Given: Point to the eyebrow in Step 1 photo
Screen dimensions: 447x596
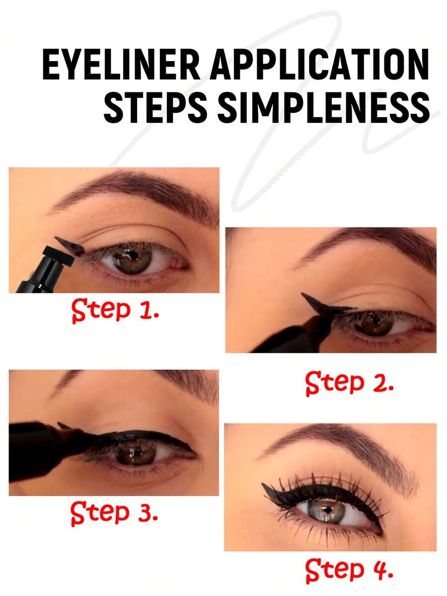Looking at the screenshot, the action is [x=137, y=194].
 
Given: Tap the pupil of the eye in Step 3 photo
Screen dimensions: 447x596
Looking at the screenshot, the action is [x=135, y=453].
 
